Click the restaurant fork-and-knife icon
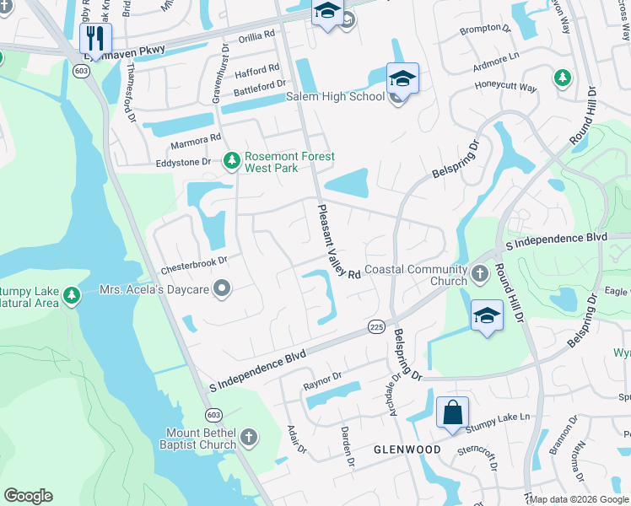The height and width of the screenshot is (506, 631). tap(95, 38)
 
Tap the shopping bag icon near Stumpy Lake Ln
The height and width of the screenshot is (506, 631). tap(452, 413)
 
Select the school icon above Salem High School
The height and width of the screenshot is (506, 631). tap(402, 79)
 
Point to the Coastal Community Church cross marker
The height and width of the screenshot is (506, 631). tap(479, 273)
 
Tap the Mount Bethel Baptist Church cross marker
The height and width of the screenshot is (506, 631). tap(248, 437)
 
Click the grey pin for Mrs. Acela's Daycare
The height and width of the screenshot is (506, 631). tap(222, 290)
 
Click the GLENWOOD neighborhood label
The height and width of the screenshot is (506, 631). tap(407, 449)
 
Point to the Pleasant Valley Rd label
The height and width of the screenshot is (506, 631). tap(338, 242)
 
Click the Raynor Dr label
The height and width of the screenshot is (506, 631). tap(321, 381)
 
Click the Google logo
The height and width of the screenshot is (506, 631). tap(28, 496)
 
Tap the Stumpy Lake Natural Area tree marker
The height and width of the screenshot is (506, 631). tap(72, 295)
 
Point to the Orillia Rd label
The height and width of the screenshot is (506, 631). tap(257, 35)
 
